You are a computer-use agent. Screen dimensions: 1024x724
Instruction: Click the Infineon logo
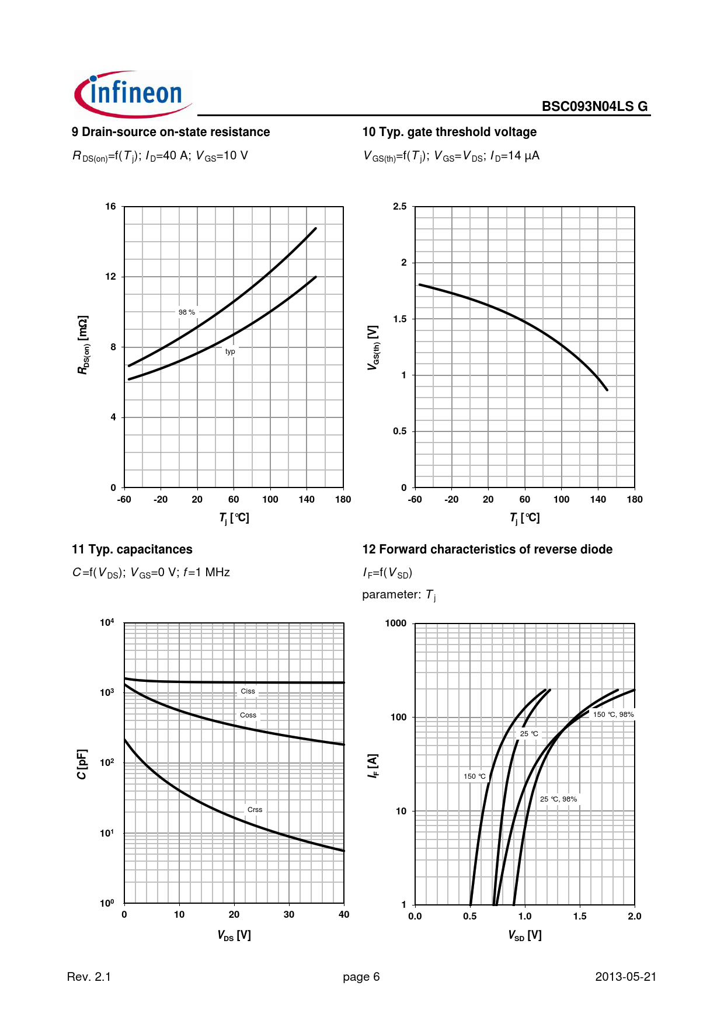[x=133, y=95]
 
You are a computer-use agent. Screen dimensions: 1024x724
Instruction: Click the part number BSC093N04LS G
[x=594, y=106]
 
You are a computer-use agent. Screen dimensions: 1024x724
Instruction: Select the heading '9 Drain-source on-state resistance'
[x=170, y=132]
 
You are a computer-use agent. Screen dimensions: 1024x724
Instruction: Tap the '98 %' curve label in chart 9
[x=187, y=312]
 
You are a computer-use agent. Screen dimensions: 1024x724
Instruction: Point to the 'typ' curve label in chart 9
[x=230, y=351]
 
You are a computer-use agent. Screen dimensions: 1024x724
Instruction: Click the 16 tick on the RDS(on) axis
[x=110, y=207]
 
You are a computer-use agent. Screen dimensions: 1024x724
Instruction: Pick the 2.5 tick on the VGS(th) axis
[x=399, y=207]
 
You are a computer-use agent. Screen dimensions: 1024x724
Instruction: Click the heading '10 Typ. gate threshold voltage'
[x=449, y=132]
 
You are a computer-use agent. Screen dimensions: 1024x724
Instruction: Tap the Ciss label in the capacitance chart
[x=248, y=691]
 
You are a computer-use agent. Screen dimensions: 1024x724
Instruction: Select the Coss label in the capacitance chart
[x=248, y=715]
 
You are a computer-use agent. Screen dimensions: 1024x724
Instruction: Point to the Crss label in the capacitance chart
[x=255, y=810]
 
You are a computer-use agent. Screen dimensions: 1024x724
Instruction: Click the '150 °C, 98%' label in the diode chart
[x=613, y=715]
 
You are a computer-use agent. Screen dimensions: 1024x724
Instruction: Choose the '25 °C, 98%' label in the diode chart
[x=558, y=799]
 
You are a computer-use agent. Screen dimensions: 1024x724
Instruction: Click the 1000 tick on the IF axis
[x=395, y=624]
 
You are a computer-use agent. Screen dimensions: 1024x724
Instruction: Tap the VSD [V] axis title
[x=524, y=935]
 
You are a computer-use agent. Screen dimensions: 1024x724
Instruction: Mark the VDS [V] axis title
[x=234, y=935]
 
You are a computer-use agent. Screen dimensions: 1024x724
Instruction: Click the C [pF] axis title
[x=82, y=764]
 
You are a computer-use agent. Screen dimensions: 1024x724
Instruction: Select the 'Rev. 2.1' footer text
[x=89, y=977]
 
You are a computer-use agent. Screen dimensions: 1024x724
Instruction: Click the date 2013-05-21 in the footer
[x=625, y=977]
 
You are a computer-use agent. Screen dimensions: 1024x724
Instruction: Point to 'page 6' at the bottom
[x=361, y=977]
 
